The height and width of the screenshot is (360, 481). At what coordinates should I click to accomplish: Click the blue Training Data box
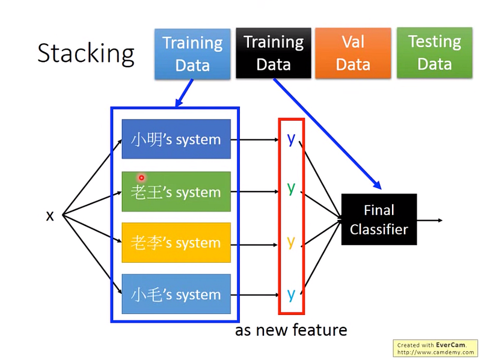coord(192,54)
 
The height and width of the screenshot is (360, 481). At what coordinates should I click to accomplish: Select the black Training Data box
coord(274,53)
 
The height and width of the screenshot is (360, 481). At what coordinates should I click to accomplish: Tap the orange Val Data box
coord(353,53)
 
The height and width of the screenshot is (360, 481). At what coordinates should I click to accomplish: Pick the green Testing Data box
coord(434,53)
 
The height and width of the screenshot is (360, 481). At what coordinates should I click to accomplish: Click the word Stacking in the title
coord(86,53)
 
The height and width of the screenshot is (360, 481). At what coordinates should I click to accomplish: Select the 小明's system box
coord(176,139)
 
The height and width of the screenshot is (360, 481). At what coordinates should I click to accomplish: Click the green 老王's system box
coord(176,192)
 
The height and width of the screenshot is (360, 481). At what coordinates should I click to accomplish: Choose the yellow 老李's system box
coord(176,243)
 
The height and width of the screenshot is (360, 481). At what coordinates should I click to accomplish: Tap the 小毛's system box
coord(176,294)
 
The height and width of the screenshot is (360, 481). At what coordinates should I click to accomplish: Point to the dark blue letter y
coord(291,139)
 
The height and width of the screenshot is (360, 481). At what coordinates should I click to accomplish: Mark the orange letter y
coord(291,242)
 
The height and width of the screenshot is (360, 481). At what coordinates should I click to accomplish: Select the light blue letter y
coord(291,294)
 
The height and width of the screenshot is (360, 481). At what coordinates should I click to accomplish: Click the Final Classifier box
coord(379,219)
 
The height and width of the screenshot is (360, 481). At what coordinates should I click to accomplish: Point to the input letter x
coord(50,216)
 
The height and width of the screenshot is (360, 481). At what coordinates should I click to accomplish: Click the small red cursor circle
coord(141,177)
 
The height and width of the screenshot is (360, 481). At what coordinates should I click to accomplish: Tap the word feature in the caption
coord(320,330)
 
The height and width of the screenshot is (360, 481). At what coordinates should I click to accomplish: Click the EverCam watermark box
coord(435,349)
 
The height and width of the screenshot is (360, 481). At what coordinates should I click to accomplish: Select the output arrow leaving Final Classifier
coord(429,220)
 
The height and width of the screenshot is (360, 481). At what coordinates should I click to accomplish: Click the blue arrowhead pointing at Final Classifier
coord(377,185)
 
